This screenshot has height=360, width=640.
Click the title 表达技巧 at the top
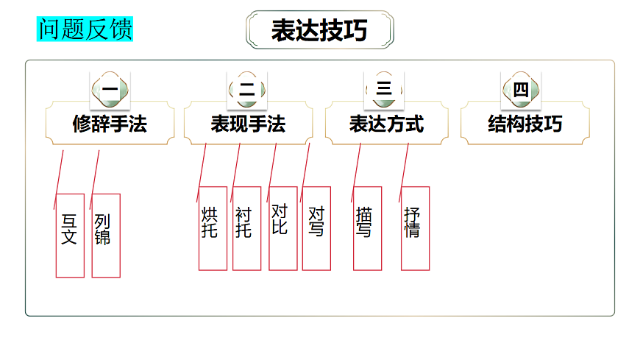click(319, 30)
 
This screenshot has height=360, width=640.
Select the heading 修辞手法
click(110, 124)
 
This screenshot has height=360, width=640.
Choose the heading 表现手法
click(248, 124)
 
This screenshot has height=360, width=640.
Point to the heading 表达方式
click(386, 124)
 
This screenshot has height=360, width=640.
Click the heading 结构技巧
click(525, 124)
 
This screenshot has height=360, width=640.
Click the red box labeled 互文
click(70, 236)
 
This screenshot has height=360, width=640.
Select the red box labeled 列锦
click(105, 236)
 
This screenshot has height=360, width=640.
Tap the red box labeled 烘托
click(213, 228)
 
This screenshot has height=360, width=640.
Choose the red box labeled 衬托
click(246, 228)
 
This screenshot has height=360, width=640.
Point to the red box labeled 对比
click(282, 228)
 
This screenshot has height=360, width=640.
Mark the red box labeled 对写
click(316, 228)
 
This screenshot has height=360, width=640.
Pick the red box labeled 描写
click(367, 228)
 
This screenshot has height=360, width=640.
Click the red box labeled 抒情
click(415, 228)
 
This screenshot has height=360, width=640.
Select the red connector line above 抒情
click(404, 171)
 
